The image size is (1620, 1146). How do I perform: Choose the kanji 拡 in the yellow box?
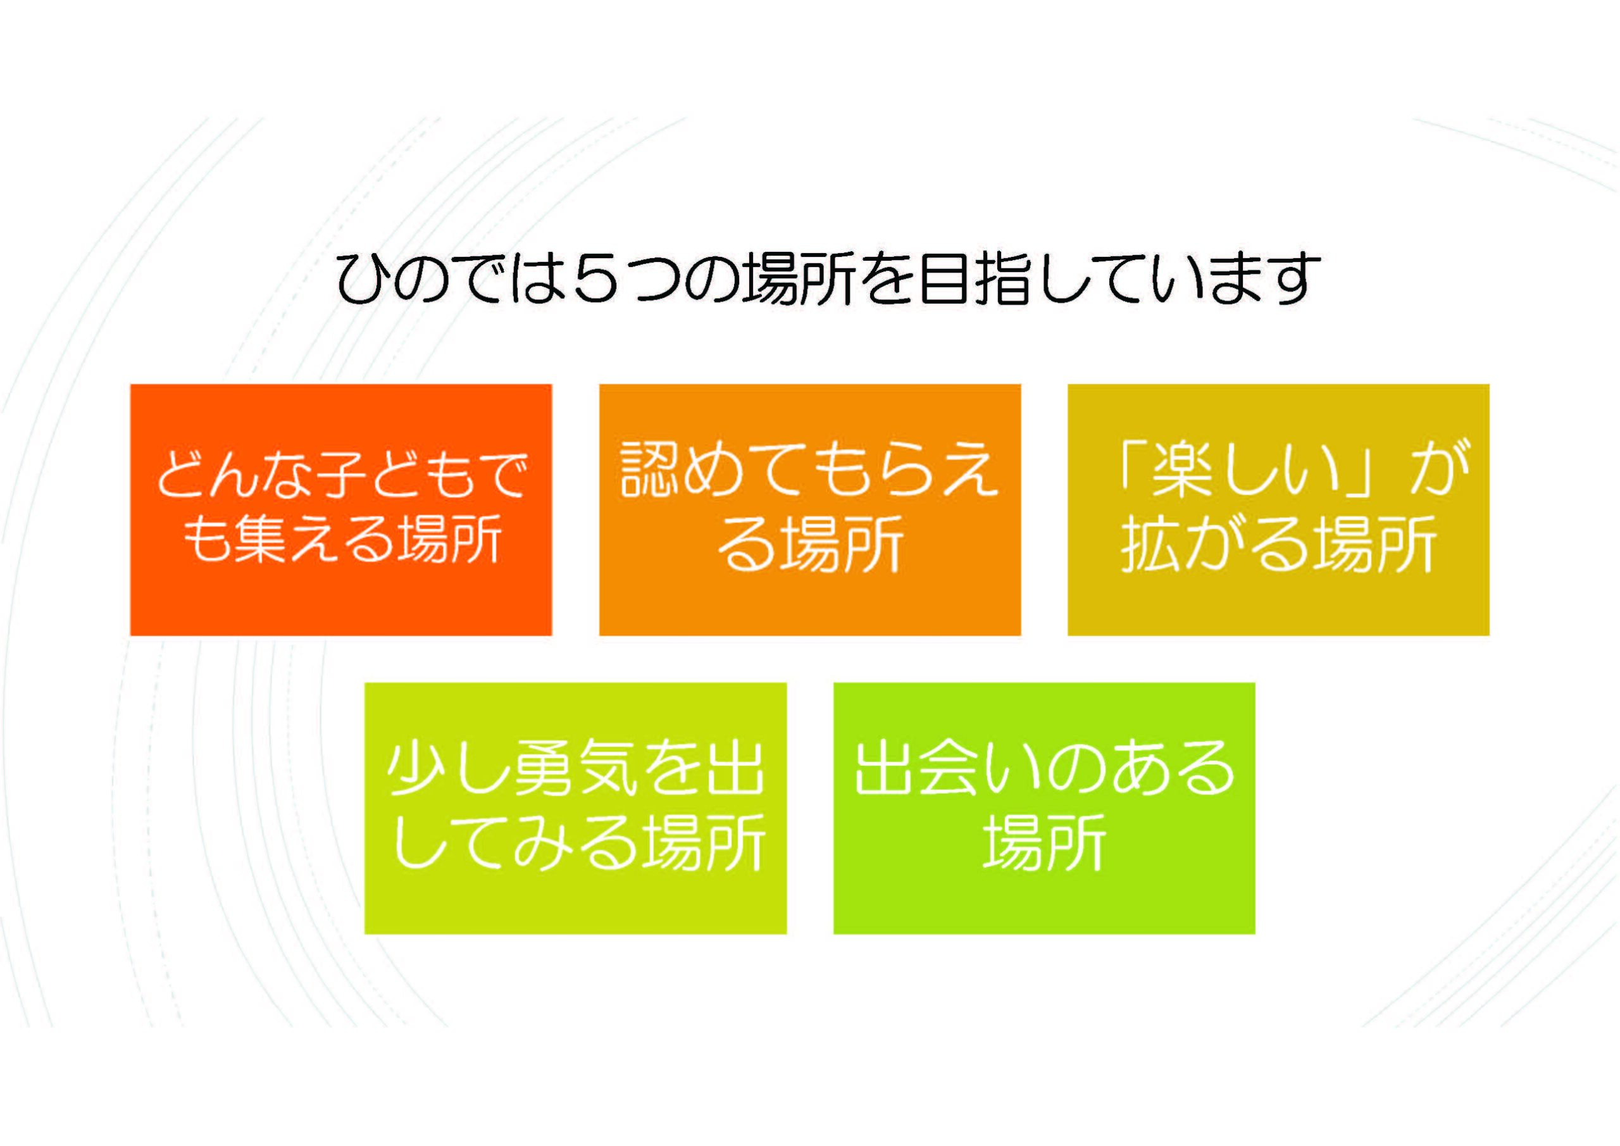(x=1150, y=545)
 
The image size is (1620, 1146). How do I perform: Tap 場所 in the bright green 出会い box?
(x=1044, y=844)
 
